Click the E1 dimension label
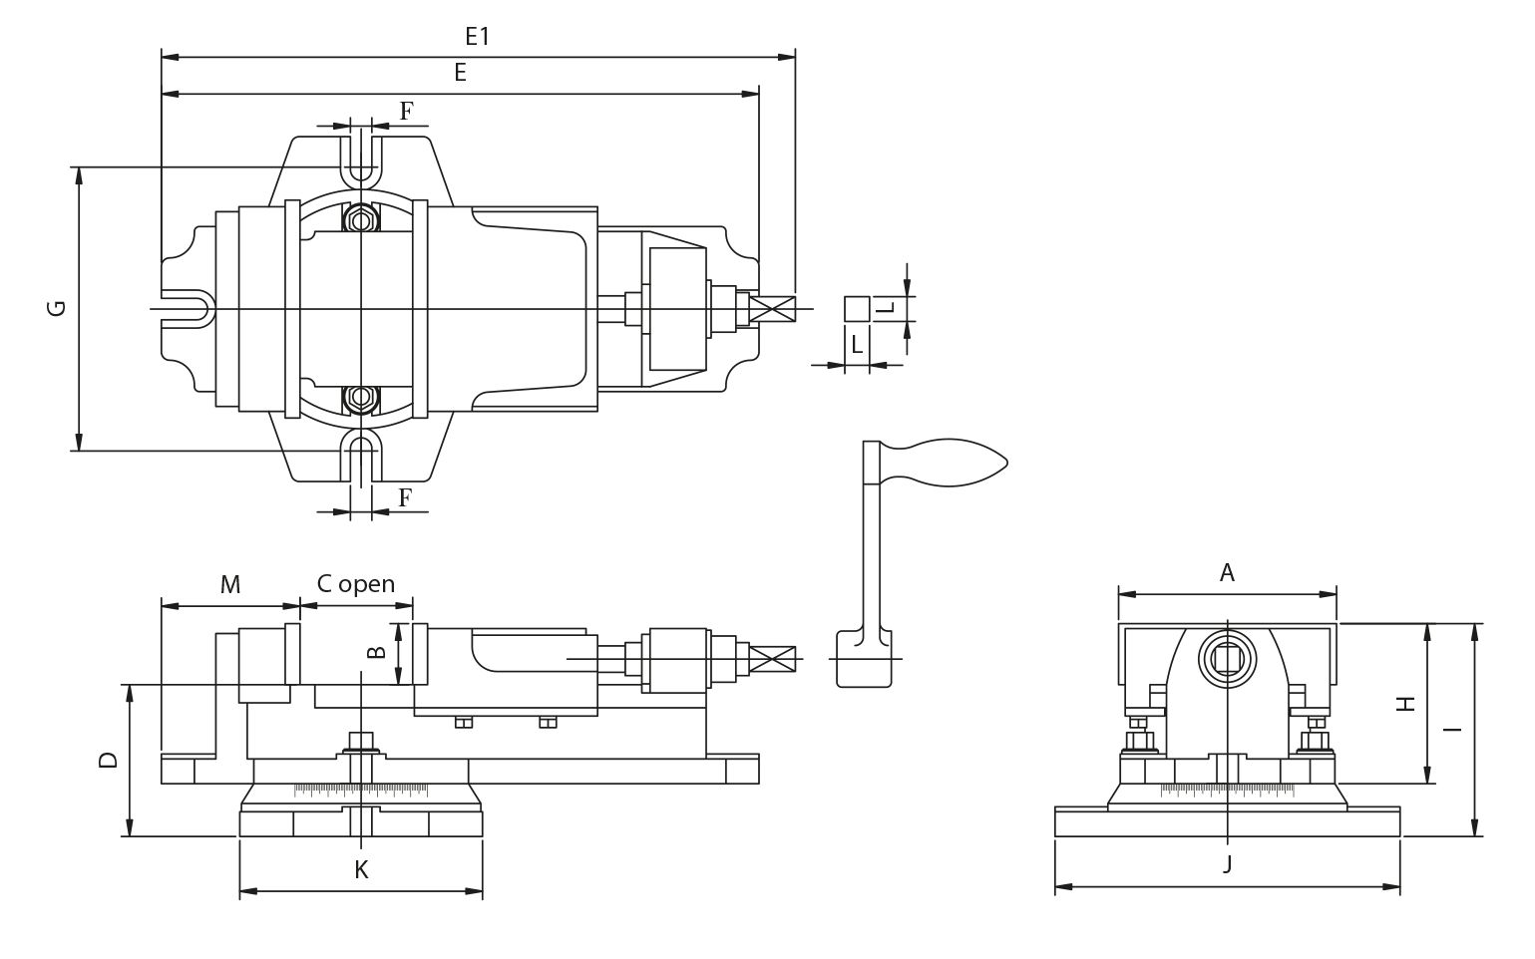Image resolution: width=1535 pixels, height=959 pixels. [x=478, y=36]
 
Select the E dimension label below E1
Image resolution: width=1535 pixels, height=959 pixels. [x=461, y=73]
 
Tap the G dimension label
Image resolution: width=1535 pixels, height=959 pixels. [x=57, y=308]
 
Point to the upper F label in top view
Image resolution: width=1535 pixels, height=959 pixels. [x=407, y=111]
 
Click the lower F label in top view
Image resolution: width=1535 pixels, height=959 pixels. [x=405, y=498]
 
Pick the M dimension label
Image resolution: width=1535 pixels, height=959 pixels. [x=230, y=584]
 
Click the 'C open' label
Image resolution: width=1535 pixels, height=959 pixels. [x=356, y=583]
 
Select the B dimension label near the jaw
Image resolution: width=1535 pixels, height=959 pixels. [x=377, y=653]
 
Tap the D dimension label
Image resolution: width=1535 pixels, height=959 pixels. [x=109, y=760]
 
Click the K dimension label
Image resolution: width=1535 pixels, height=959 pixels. [x=361, y=869]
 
